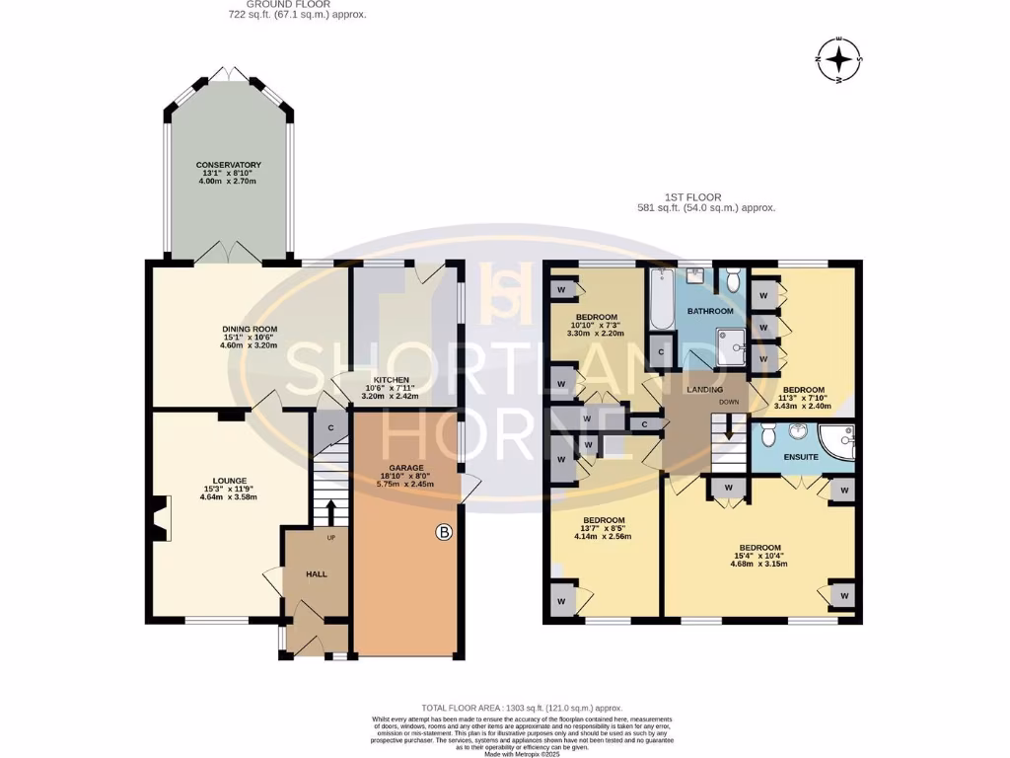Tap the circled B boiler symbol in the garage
(x=444, y=533)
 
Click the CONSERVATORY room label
(x=228, y=165)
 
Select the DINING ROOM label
(x=250, y=329)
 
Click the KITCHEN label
(x=392, y=379)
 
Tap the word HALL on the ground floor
(x=316, y=573)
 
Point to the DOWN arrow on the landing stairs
(x=729, y=428)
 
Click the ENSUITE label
(x=801, y=458)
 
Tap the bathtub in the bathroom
(x=662, y=299)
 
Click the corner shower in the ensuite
(x=839, y=444)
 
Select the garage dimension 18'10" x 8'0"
(x=405, y=476)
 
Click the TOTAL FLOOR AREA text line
(x=522, y=709)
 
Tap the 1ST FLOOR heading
(x=706, y=196)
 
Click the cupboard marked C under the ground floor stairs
(x=330, y=426)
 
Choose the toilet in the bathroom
(x=730, y=282)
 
